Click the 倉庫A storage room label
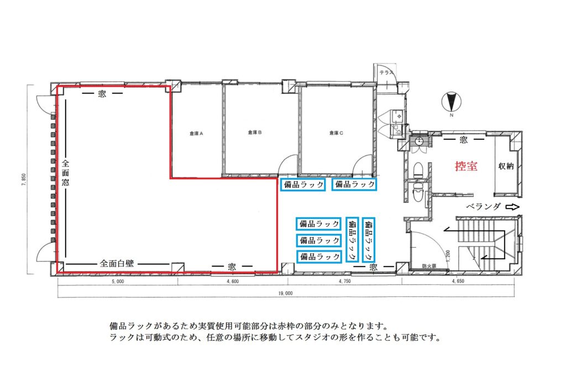pos(196,133)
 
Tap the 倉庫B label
pos(255,132)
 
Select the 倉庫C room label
pos(336,133)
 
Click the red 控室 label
pos(466,166)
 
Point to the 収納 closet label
pos(506,166)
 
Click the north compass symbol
pos(451,102)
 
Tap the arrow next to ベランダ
pos(512,207)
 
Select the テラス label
pos(386,72)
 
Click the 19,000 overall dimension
pos(285,293)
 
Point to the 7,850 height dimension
pos(24,180)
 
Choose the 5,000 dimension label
pos(118,281)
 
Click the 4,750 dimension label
pos(345,281)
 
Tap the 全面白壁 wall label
pos(117,263)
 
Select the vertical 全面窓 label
pos(65,173)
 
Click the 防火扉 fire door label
pos(429,266)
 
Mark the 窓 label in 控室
pos(464,139)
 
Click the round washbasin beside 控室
pos(419,140)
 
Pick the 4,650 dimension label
pos(458,281)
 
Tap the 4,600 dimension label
pos(233,281)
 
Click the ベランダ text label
pos(484,207)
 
